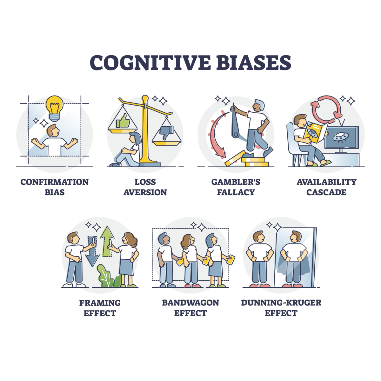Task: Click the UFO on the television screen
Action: point(339,137)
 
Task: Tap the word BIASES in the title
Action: point(254,63)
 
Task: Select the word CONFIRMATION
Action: point(55,182)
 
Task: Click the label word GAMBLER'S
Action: point(236,182)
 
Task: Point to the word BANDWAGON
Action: point(190,303)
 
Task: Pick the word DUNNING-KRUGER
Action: point(281,303)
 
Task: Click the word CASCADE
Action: point(326,192)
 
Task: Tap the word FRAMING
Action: point(100,303)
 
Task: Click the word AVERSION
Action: point(145,192)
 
